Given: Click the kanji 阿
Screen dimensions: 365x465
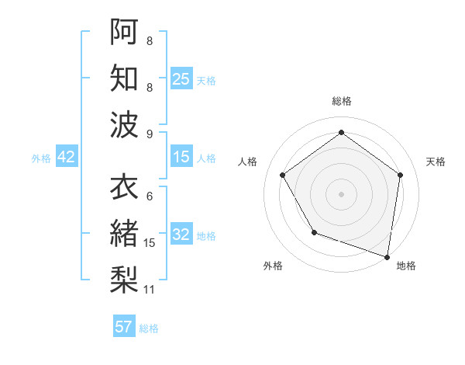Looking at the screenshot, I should [124, 32].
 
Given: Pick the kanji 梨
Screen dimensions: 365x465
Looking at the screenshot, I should [124, 277].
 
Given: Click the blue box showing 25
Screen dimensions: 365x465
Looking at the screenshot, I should [181, 78].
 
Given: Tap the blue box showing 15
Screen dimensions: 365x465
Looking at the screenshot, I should [181, 157].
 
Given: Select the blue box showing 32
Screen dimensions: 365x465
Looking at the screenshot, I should [181, 235].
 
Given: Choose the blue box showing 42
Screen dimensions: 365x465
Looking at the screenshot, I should [67, 157].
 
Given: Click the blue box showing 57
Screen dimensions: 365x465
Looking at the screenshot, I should [124, 327].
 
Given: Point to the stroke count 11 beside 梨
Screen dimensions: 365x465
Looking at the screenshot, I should [150, 290].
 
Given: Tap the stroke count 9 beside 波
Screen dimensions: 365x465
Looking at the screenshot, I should [149, 134].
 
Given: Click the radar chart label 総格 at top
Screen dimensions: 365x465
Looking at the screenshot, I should [341, 101].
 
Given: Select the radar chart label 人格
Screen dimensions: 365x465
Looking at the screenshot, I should [248, 162].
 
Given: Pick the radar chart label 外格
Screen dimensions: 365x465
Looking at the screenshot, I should [272, 266].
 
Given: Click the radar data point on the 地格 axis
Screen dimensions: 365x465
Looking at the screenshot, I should [387, 256].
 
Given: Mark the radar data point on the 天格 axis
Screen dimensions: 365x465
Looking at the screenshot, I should [400, 175].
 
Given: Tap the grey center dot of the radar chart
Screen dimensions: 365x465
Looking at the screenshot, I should [341, 193].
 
